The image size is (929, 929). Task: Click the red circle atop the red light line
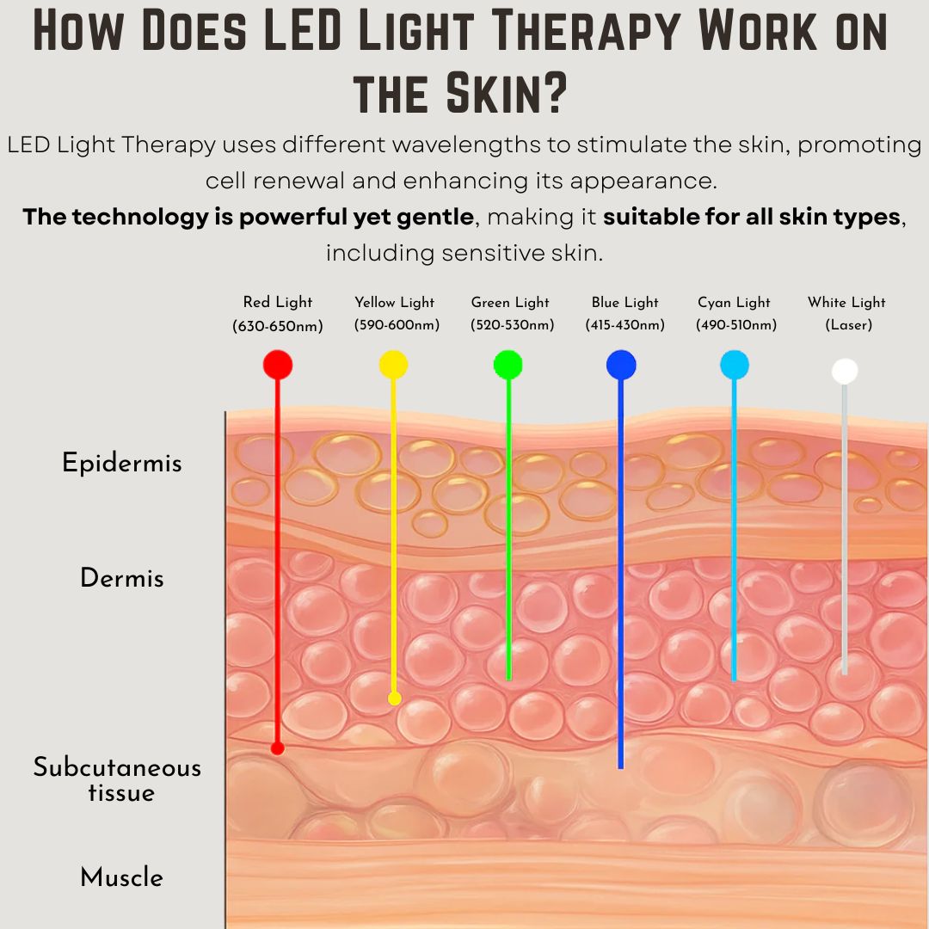click(277, 365)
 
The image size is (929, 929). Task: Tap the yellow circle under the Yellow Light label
click(393, 365)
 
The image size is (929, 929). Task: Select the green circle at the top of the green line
click(508, 365)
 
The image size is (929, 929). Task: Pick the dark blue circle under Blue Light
click(621, 365)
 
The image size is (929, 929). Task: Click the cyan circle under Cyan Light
click(735, 365)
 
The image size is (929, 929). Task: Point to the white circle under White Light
click(845, 371)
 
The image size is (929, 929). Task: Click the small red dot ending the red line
click(277, 748)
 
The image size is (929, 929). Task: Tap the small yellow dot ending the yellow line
click(394, 698)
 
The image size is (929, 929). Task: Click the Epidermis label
click(122, 464)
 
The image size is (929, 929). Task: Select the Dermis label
click(122, 578)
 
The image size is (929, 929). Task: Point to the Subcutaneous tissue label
click(118, 779)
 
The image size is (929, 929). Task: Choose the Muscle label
click(122, 878)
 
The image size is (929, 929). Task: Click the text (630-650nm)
click(277, 326)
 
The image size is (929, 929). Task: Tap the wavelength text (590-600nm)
click(396, 325)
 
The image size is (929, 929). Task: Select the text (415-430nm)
click(624, 325)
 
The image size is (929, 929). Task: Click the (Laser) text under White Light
click(848, 325)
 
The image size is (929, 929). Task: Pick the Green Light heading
click(510, 303)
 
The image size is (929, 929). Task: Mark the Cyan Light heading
click(734, 303)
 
